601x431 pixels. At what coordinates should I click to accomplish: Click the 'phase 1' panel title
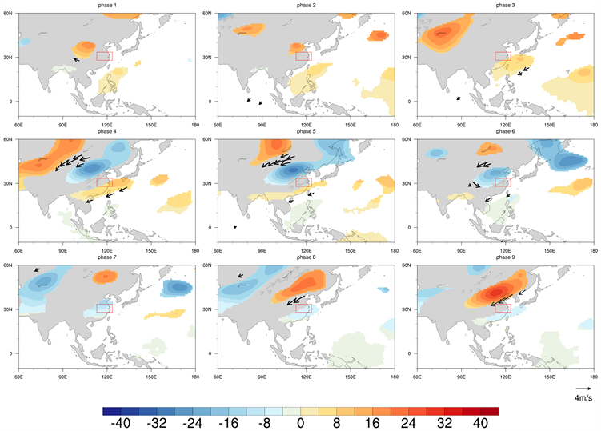pyautogui.click(x=106, y=5)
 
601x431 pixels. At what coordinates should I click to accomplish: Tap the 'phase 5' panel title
pyautogui.click(x=305, y=131)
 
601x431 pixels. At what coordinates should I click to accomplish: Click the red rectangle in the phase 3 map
pyautogui.click(x=502, y=56)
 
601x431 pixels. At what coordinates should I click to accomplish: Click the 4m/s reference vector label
pyautogui.click(x=583, y=397)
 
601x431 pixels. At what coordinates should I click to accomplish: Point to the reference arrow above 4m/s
pyautogui.click(x=583, y=389)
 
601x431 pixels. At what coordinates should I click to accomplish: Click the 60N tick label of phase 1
pyautogui.click(x=9, y=13)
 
